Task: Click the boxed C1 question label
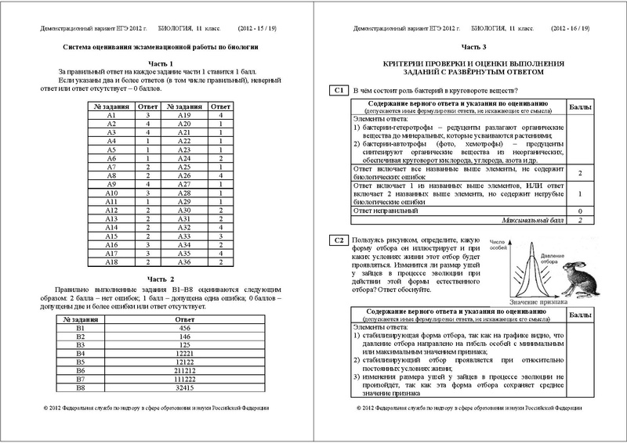click(339, 92)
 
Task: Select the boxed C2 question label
click(339, 239)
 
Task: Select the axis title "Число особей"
click(498, 245)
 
